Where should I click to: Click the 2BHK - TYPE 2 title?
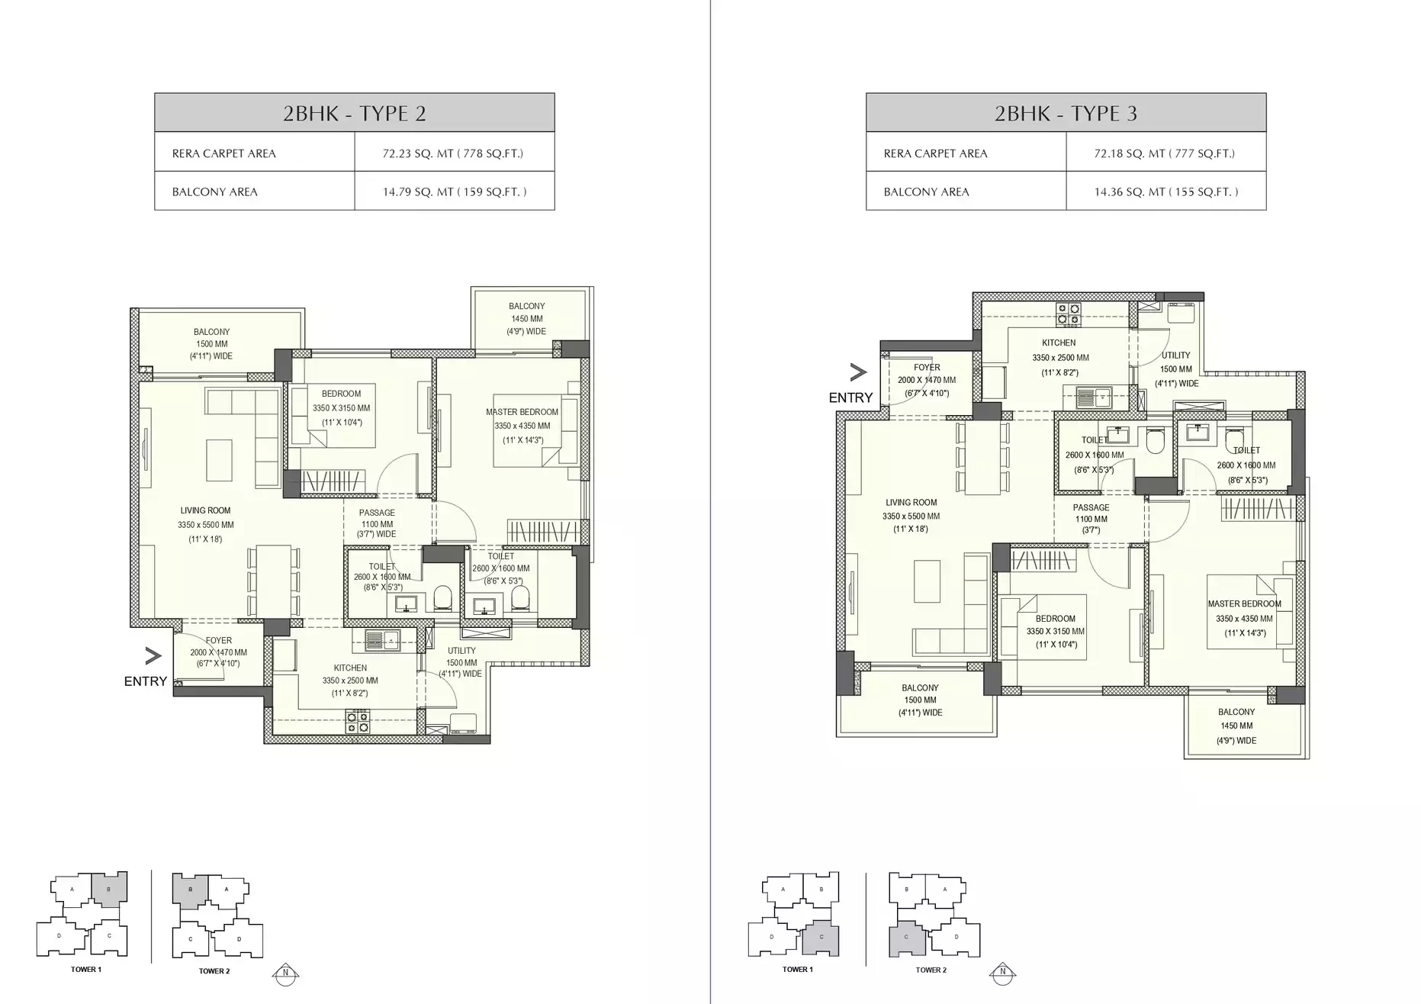[x=354, y=114]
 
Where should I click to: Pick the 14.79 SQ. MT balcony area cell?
[x=454, y=191]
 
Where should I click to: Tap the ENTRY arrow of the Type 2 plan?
[x=153, y=655]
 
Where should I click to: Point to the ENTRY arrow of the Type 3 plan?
[x=858, y=372]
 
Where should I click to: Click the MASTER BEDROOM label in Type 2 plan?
[x=522, y=412]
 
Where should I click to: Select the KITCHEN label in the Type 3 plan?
[x=1059, y=343]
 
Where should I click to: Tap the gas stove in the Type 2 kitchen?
[x=357, y=720]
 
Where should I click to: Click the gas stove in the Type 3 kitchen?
[x=1068, y=314]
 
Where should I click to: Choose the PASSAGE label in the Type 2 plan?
[x=377, y=513]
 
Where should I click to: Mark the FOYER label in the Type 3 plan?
[x=927, y=368]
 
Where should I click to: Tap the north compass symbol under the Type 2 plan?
[x=285, y=972]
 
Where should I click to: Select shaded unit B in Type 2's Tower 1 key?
[x=109, y=890]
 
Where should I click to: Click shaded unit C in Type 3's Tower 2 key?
[x=907, y=938]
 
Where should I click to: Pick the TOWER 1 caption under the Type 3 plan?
[x=797, y=969]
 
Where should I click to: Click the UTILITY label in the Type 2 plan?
[x=461, y=652]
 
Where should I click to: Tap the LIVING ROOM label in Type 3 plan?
[x=911, y=503]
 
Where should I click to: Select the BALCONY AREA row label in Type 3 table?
[x=926, y=191]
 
